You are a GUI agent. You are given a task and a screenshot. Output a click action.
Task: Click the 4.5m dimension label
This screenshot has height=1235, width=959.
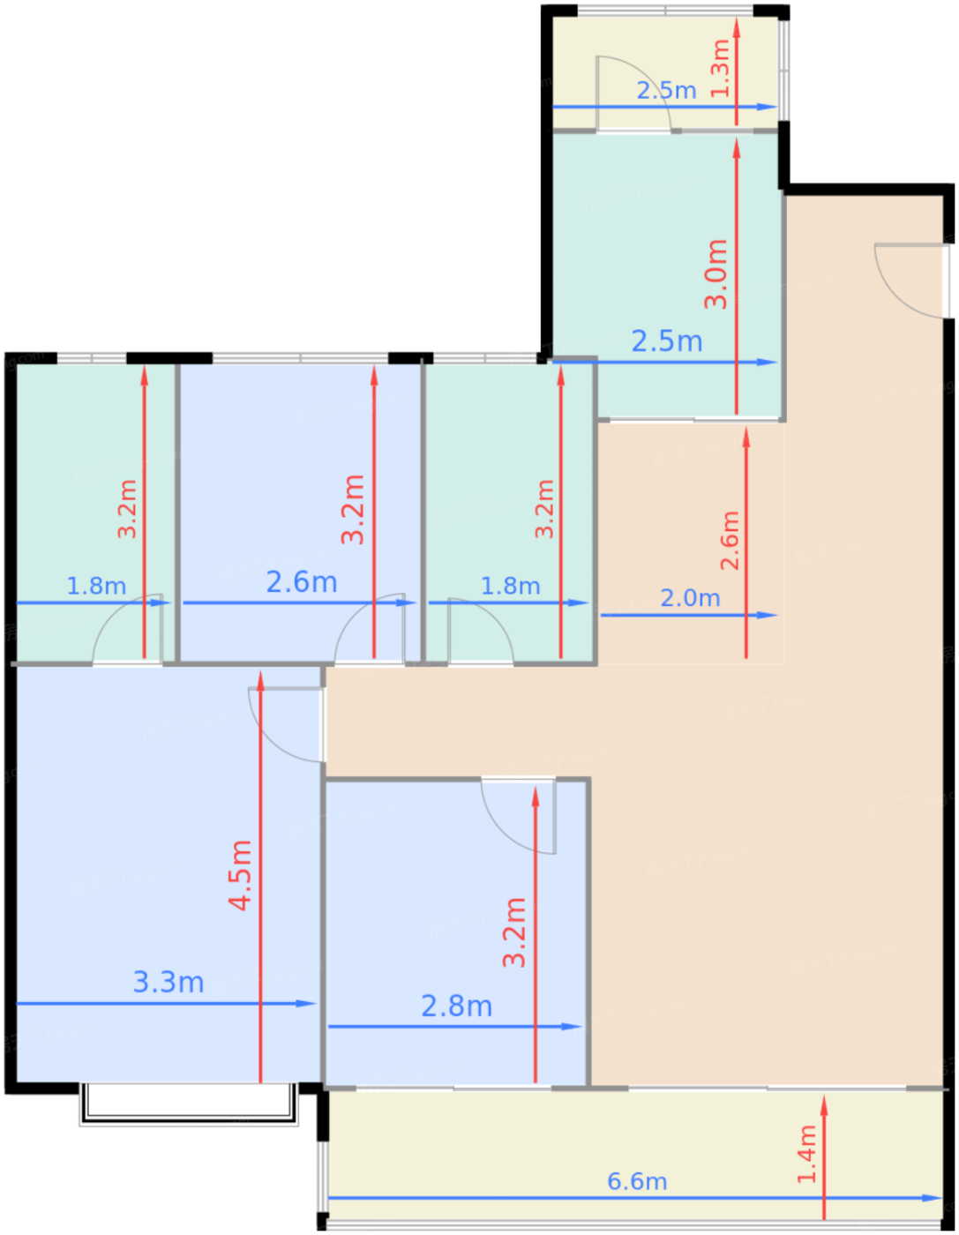[x=240, y=875]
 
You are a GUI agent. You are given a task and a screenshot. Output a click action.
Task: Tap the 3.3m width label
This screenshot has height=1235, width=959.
[x=169, y=983]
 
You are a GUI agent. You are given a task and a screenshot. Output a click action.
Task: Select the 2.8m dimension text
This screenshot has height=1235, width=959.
[x=456, y=1007]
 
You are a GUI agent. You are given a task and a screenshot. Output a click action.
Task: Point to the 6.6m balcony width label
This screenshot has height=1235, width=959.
[x=637, y=1182]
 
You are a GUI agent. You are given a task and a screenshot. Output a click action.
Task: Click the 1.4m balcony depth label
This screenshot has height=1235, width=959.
[x=806, y=1155]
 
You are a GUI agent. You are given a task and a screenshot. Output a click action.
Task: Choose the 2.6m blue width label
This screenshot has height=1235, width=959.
[x=302, y=582]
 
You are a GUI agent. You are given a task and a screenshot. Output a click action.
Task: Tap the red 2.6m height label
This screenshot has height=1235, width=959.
[x=730, y=541]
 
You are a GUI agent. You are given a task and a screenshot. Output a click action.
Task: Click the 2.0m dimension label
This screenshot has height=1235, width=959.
[x=690, y=598]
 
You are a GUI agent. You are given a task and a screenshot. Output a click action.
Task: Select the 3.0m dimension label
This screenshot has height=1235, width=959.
[x=716, y=274]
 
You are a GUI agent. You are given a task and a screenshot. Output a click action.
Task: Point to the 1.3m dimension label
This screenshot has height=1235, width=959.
[x=721, y=68]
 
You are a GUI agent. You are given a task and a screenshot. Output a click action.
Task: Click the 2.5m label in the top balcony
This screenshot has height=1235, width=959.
[x=666, y=90]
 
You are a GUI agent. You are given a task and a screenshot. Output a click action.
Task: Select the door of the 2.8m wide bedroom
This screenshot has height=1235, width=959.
[x=519, y=816]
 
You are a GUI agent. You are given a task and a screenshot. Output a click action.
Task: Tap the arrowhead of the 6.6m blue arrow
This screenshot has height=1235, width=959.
[x=933, y=1198]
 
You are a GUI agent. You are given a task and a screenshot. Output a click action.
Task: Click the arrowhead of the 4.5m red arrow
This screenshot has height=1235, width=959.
[x=261, y=681]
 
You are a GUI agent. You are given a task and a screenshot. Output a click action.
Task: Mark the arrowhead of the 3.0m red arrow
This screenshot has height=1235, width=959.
[x=737, y=149]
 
